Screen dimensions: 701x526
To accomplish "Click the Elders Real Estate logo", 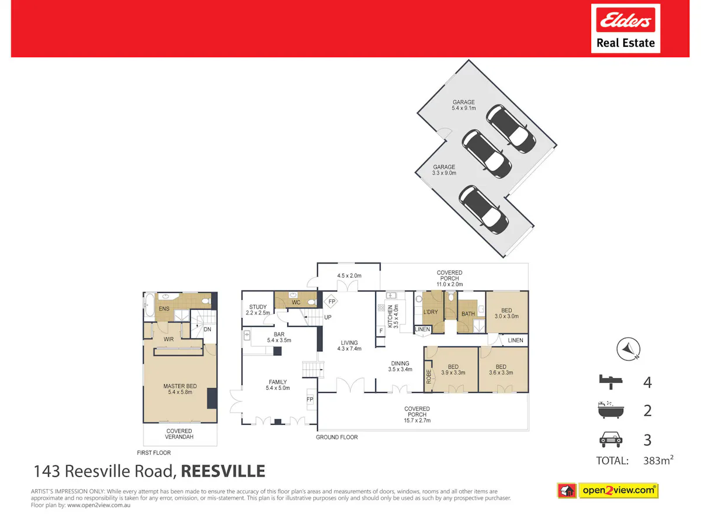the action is pos(625,29).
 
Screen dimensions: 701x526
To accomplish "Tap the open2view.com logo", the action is pos(608,490).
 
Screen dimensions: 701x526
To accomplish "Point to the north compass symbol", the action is pos(628,349).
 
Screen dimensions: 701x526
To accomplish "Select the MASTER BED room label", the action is pos(180,389).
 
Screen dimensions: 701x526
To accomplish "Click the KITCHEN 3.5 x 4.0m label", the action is pos(393,316).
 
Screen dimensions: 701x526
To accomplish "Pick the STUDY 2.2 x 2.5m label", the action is pos(258,310).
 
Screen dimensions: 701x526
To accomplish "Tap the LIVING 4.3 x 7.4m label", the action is pos(349,345).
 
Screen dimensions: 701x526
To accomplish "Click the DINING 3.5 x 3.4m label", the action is pos(400,366).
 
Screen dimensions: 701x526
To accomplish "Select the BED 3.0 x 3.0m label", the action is pos(506,313).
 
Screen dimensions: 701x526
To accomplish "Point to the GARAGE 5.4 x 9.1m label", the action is pos(464,105).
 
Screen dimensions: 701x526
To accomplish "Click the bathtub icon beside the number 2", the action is pos(611,410).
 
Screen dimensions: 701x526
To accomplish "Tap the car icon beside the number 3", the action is pos(610,440).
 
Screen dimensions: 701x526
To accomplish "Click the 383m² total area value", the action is pos(658,460).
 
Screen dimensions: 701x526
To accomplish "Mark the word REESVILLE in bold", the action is pos(223,471).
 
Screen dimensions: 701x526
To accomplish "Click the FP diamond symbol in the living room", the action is pos(331,301).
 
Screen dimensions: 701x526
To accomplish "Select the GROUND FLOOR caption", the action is pos(336,437).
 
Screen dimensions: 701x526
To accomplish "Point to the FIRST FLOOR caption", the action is pos(154,452).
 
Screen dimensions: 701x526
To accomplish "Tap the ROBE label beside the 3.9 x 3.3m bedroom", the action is pos(429,376).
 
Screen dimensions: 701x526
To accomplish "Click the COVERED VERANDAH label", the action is pos(179,434).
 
